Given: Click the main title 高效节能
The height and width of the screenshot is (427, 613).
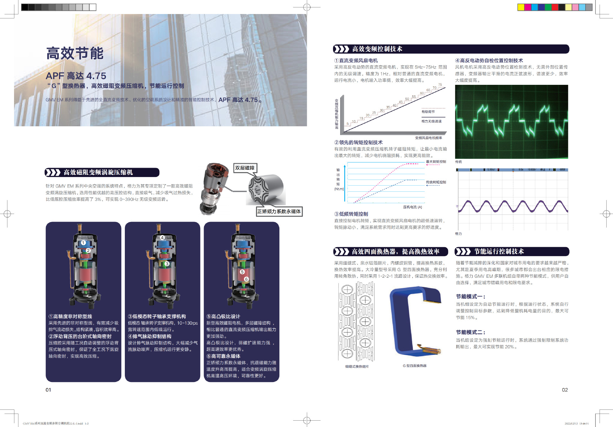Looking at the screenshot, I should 75,53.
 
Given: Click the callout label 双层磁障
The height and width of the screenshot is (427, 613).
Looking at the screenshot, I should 245,168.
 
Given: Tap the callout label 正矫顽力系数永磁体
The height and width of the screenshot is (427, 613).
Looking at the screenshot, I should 279,211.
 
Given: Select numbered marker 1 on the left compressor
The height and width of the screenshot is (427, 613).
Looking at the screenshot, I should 83,243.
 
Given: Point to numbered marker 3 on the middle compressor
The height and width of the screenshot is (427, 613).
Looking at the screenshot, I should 167,264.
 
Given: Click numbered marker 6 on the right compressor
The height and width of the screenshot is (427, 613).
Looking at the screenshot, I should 246,279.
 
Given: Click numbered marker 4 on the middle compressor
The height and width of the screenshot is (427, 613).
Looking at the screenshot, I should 162,238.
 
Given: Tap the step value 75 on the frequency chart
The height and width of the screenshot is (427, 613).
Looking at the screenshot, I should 440,85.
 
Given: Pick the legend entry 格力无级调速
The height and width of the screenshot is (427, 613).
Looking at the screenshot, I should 431,121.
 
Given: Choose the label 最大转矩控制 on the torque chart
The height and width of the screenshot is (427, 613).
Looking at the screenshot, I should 436,162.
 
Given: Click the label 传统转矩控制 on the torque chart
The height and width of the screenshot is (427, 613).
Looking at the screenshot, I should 436,182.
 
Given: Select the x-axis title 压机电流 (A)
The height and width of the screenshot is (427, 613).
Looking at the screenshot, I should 412,207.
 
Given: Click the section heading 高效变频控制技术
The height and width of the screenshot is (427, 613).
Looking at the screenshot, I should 377,49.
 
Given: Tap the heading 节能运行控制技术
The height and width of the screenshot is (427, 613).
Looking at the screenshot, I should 499,252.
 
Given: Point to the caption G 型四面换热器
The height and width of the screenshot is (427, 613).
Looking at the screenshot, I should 414,366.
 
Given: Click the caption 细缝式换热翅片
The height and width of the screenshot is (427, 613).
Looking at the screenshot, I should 357,367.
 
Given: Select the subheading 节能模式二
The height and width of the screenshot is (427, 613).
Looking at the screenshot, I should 470,332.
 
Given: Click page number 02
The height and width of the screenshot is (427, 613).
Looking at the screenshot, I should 565,390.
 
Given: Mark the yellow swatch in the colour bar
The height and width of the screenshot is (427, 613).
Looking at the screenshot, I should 521,7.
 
